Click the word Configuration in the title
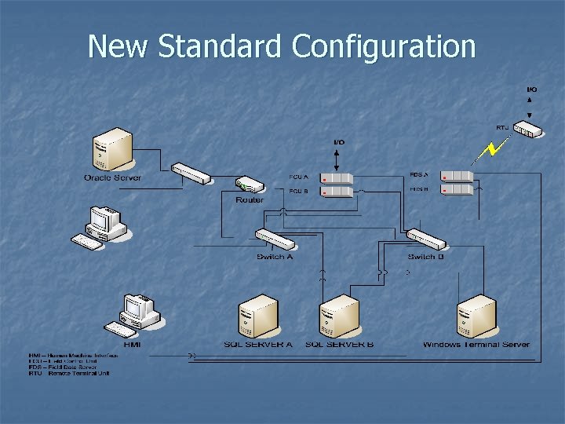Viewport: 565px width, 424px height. point(384,47)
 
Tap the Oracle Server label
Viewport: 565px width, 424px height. point(113,178)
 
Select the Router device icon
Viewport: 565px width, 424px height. point(250,186)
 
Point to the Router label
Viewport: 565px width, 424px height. point(250,200)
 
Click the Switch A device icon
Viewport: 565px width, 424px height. point(274,239)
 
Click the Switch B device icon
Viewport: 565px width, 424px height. point(425,238)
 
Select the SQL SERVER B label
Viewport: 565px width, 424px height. point(339,344)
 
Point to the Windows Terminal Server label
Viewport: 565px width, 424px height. point(476,344)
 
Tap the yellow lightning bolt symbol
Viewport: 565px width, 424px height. point(494,150)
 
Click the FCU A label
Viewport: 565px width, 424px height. point(299,177)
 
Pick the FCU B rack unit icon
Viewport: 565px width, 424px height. point(337,192)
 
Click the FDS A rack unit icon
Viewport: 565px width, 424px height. point(457,177)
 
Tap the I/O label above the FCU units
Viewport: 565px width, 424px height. point(338,142)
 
